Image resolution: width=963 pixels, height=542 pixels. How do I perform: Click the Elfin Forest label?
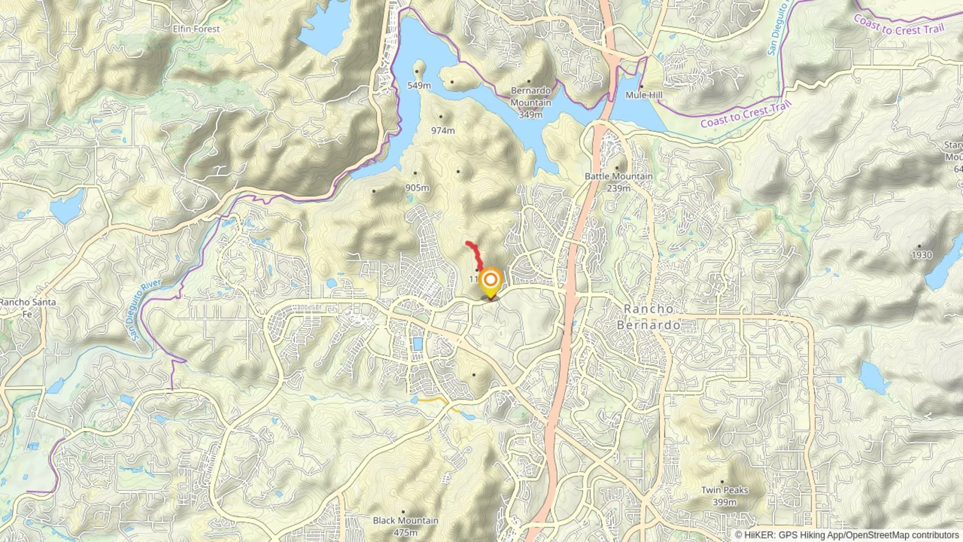tap(196, 29)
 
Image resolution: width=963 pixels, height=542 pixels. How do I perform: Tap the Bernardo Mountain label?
tap(531, 96)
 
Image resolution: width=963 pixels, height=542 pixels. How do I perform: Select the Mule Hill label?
tap(644, 95)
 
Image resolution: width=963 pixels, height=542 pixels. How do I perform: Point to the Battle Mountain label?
tap(618, 176)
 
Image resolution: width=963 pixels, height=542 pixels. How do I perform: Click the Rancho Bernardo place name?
tap(649, 317)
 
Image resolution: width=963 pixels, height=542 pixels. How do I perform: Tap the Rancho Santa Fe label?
tap(28, 308)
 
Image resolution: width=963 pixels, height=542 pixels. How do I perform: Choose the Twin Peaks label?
tap(724, 490)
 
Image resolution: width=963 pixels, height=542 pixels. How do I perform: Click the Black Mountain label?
tap(405, 520)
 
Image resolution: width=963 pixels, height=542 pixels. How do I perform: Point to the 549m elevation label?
tap(419, 85)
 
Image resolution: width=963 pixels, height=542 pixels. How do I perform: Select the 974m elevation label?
tap(443, 130)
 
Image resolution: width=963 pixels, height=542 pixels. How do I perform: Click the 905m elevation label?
tap(417, 188)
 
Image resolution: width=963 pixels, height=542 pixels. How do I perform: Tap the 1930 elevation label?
tap(921, 255)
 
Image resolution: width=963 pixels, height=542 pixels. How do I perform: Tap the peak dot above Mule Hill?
tap(641, 86)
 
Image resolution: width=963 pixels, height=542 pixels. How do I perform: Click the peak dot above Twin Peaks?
tap(722, 482)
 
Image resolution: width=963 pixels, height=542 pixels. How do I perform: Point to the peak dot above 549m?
tap(417, 72)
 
